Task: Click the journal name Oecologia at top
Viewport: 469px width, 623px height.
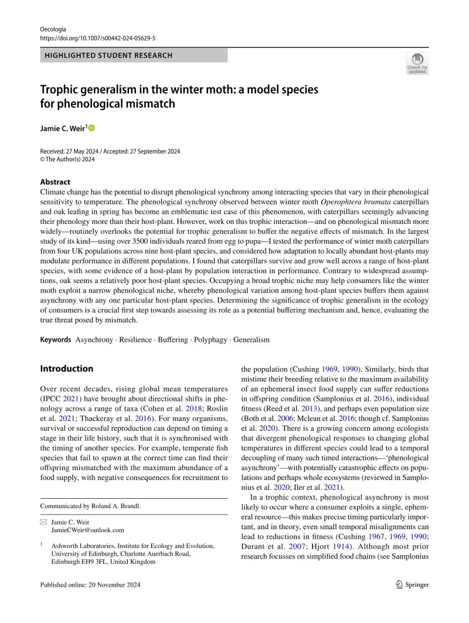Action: click(53, 29)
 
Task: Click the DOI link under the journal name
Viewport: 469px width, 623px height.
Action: click(97, 38)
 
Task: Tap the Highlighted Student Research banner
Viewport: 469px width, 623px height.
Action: click(134, 56)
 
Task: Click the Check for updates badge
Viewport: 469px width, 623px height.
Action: click(417, 63)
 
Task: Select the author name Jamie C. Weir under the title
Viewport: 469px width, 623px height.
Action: click(63, 128)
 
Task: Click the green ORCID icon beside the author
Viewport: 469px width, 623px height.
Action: click(92, 128)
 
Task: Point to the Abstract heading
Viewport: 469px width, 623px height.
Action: click(55, 182)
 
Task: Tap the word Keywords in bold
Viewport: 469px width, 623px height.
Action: click(56, 339)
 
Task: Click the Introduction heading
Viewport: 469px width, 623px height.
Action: click(66, 369)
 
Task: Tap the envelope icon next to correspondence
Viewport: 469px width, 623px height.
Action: click(43, 521)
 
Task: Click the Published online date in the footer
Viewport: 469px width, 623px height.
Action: click(90, 585)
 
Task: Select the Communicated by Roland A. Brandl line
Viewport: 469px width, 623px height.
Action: click(90, 506)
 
